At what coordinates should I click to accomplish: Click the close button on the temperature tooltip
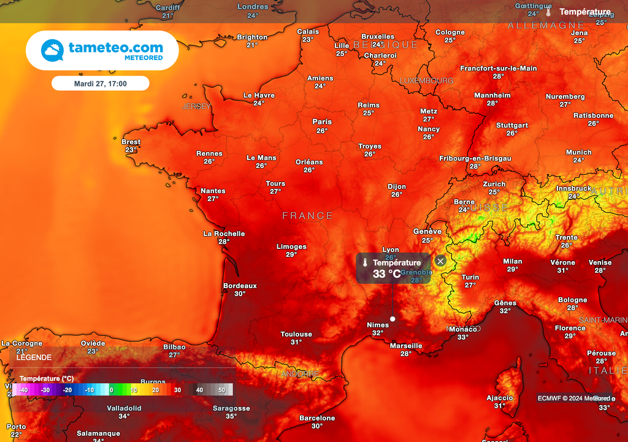click(x=440, y=261)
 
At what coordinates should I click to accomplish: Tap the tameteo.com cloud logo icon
click(x=52, y=50)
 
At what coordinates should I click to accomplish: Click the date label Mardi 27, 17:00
click(x=100, y=83)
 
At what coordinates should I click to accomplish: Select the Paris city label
click(x=322, y=121)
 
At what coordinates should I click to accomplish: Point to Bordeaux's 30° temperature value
click(x=240, y=294)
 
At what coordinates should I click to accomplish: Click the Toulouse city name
click(x=296, y=334)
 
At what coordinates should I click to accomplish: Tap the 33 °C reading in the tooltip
click(x=386, y=273)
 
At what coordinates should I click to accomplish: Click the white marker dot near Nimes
click(x=392, y=319)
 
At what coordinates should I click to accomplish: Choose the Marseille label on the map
click(x=406, y=346)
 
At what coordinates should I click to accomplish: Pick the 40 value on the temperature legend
click(x=199, y=390)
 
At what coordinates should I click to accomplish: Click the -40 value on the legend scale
click(x=23, y=390)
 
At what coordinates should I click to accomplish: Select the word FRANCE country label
click(x=308, y=216)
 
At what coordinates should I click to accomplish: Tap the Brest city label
click(x=131, y=142)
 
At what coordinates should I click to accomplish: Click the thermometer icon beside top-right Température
click(x=548, y=12)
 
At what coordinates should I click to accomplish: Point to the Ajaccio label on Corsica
click(x=500, y=398)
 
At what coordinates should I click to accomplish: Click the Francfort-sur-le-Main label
click(x=498, y=68)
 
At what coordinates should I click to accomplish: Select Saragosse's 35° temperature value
click(x=231, y=416)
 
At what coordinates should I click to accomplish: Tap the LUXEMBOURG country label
click(x=426, y=81)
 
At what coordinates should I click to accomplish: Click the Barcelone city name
click(x=317, y=418)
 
